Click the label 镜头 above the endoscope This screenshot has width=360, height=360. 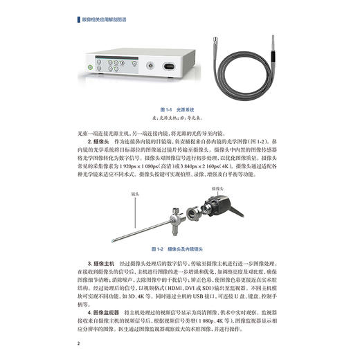click(x=126, y=196)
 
